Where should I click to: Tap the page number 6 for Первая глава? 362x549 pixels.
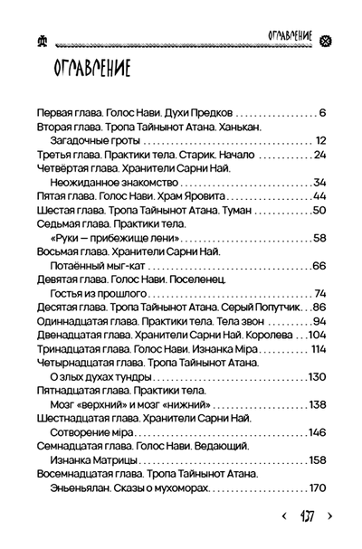322,114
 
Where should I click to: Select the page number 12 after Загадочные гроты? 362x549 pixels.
319,141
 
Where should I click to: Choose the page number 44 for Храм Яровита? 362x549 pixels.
318,195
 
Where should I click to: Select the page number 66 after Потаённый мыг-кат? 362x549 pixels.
318,266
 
